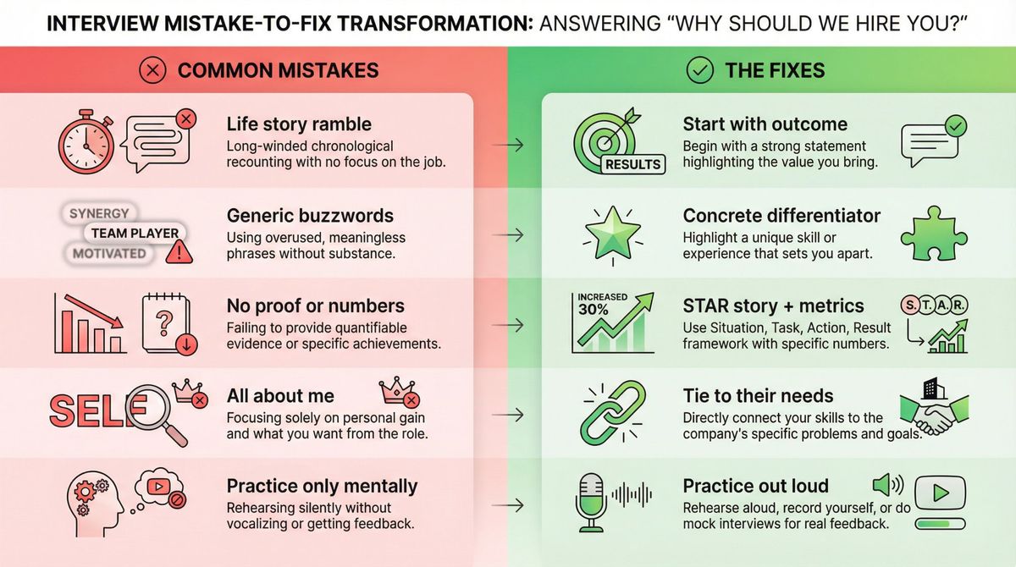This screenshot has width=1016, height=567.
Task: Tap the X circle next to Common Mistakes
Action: pos(152,70)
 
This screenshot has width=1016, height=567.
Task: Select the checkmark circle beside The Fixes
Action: pos(699,70)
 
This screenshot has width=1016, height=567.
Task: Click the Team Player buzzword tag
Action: pos(135,233)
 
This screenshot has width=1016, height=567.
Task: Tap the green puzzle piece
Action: pos(932,232)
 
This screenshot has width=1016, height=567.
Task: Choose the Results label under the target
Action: pos(632,164)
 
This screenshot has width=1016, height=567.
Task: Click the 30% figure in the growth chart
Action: pos(593,309)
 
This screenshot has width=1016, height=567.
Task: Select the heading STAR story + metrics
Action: pos(773,306)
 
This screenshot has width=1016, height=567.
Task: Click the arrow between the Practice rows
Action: pos(507,505)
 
